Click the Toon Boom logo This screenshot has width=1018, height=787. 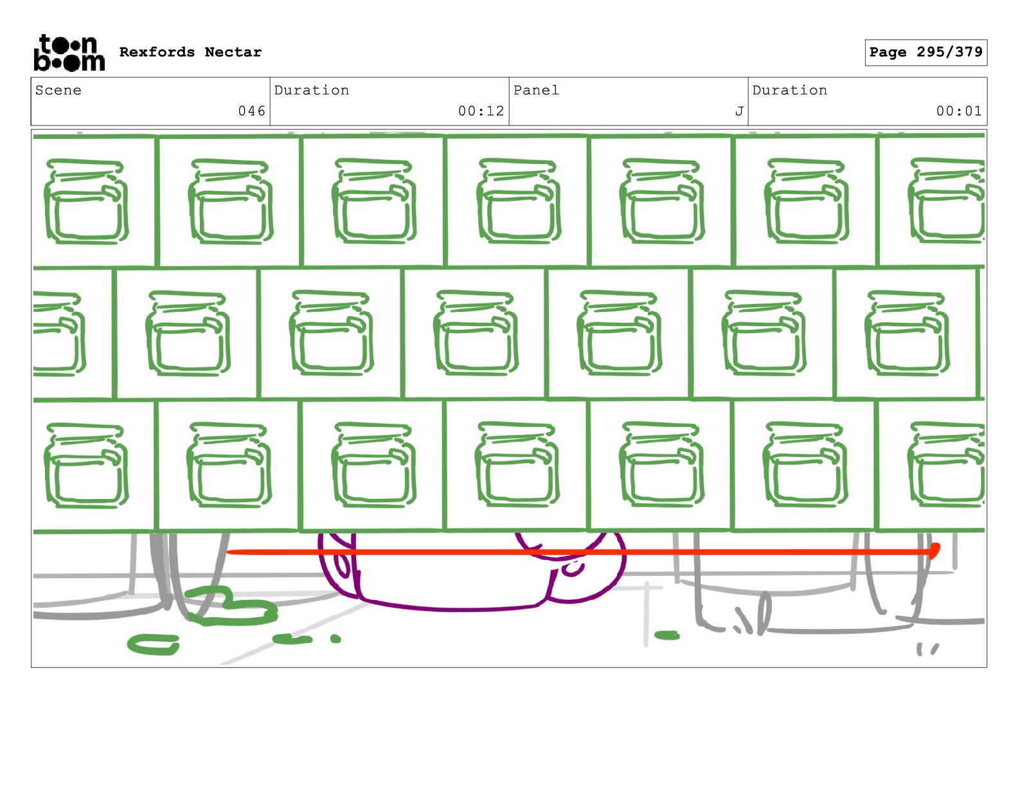click(x=69, y=53)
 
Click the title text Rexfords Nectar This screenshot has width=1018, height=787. click(x=190, y=52)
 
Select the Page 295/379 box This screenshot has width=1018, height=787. click(x=925, y=53)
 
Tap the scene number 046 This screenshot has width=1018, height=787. click(x=251, y=111)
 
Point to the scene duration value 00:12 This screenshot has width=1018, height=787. click(x=481, y=111)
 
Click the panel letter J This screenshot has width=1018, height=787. click(x=739, y=111)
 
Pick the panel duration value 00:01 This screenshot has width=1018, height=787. click(x=959, y=111)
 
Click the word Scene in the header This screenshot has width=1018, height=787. click(x=58, y=90)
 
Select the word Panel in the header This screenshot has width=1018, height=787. click(x=536, y=90)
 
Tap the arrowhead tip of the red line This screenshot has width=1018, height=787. click(x=935, y=550)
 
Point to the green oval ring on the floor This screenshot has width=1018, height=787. click(x=154, y=644)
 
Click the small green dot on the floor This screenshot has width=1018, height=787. click(x=335, y=638)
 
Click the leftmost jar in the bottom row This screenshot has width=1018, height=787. click(x=85, y=464)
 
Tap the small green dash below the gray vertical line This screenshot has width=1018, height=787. click(x=667, y=635)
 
